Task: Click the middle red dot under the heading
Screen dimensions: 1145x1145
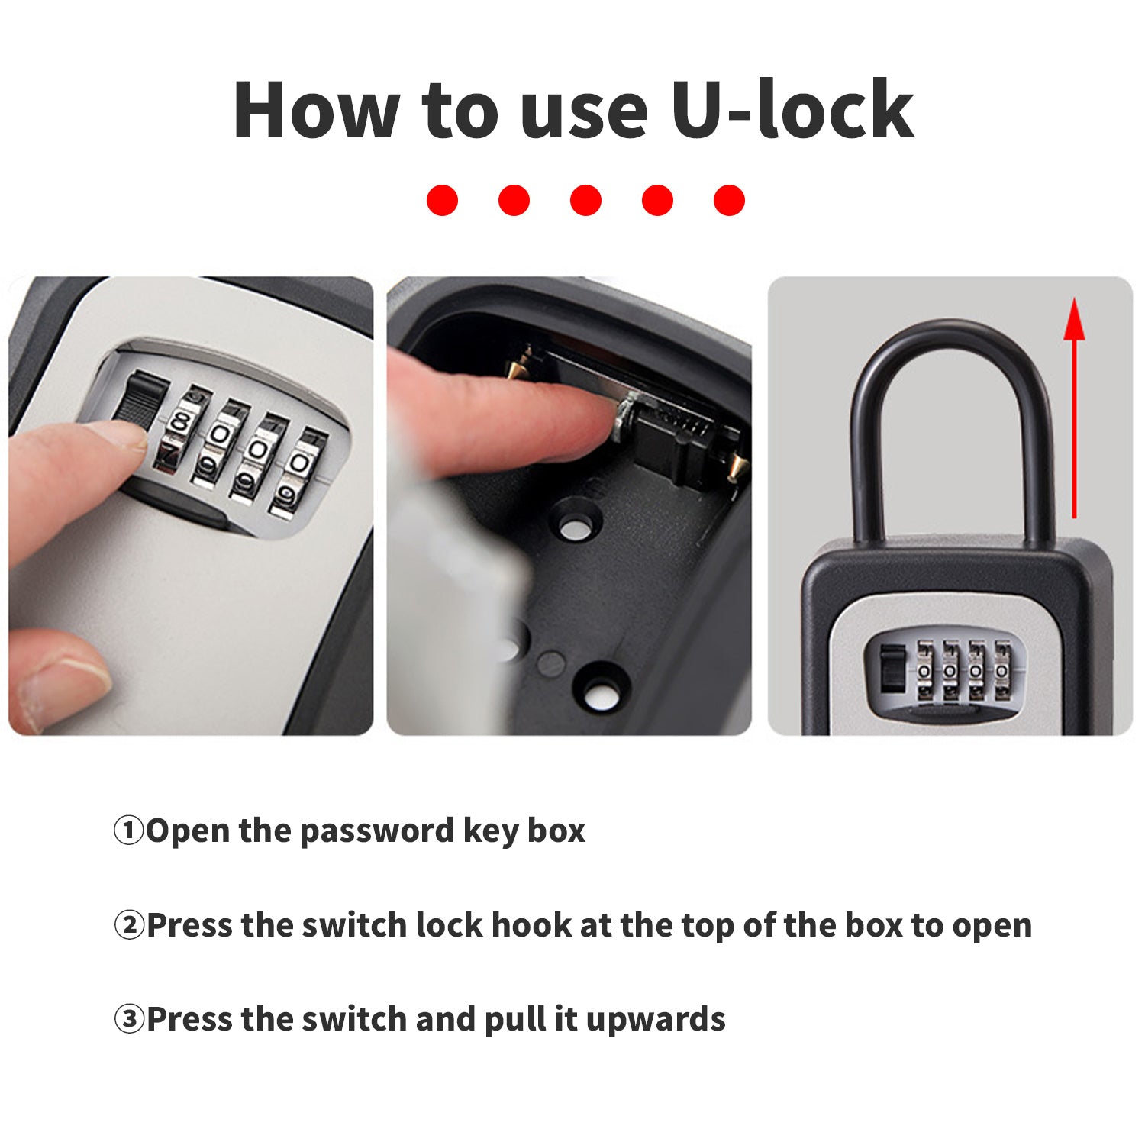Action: click(585, 200)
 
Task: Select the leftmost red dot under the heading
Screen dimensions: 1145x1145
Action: click(442, 200)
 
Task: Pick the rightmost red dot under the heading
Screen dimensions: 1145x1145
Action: click(729, 200)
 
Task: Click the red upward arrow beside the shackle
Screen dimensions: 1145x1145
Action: click(1074, 408)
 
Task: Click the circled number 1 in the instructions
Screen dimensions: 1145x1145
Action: click(128, 831)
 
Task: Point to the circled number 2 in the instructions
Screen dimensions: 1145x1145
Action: click(128, 925)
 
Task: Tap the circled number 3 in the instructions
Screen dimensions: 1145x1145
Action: click(128, 1019)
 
